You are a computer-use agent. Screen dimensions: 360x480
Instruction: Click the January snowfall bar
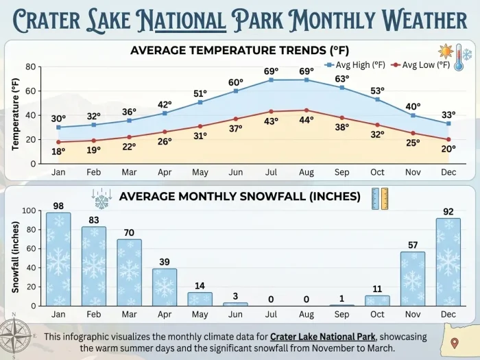pos(58,259)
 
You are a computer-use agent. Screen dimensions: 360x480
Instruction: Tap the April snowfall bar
pos(165,287)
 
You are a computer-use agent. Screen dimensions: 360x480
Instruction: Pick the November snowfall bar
pos(412,278)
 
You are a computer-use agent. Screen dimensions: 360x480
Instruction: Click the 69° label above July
pos(272,71)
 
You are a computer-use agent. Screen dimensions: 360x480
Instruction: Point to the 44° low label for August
pos(306,119)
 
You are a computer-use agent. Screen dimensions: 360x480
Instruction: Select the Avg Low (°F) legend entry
pos(420,65)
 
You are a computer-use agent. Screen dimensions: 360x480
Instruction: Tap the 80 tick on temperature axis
pos(30,67)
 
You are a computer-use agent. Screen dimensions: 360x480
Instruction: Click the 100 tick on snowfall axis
pos(28,211)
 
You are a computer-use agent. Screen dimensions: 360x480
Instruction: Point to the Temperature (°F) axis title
pos(15,114)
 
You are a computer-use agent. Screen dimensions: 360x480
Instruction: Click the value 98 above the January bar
pos(58,206)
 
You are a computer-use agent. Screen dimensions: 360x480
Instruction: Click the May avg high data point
pos(200,102)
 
